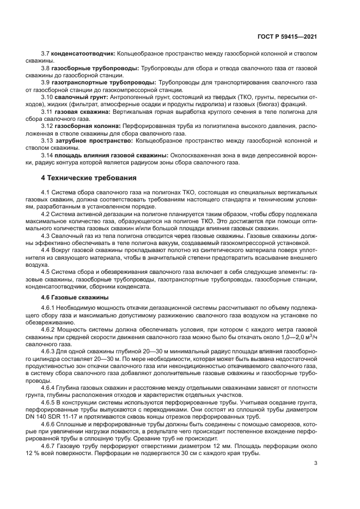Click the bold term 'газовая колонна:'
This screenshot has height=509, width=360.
[87, 126]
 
